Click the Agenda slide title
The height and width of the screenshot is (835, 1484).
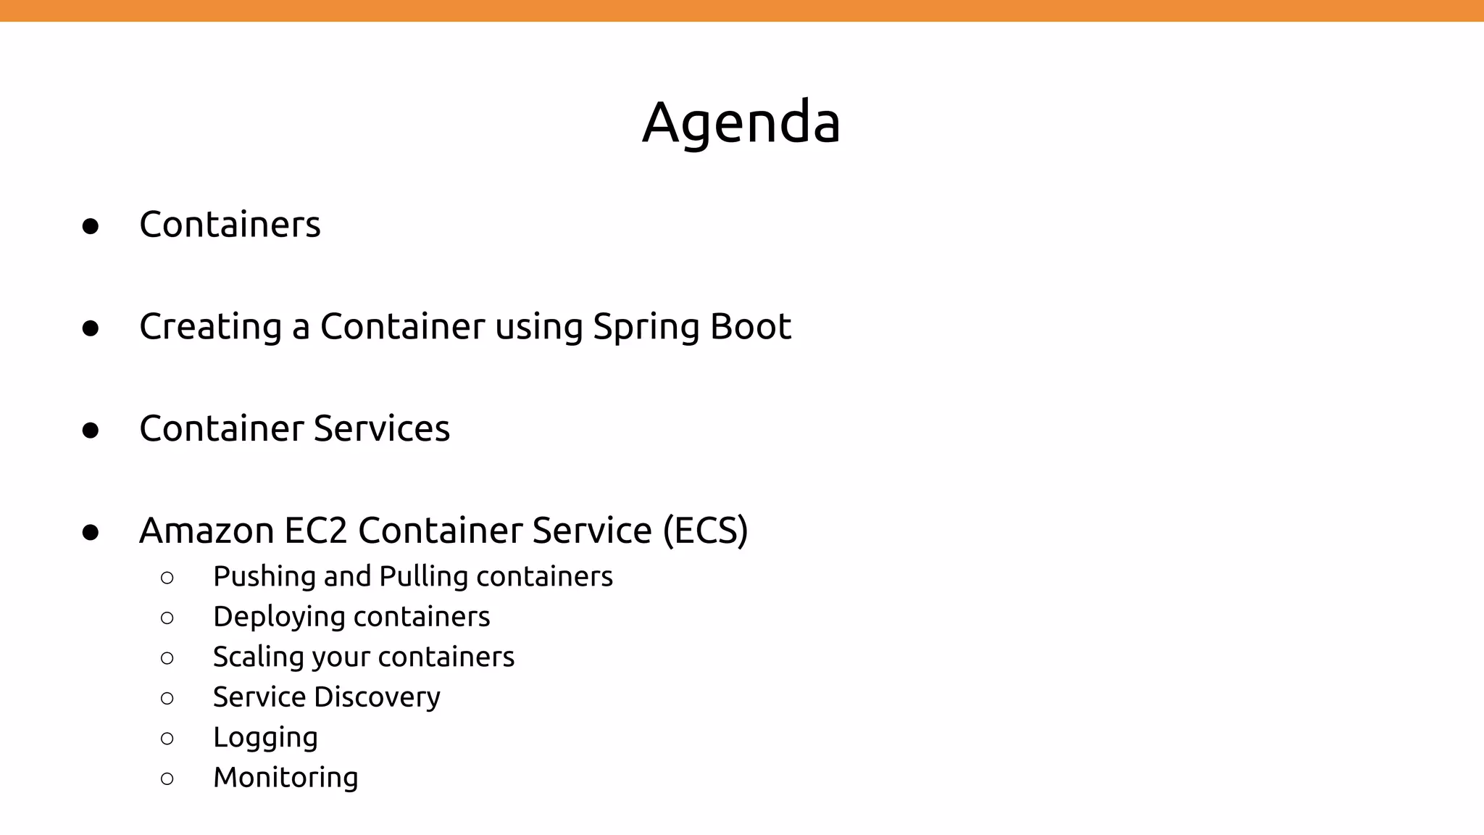(x=741, y=122)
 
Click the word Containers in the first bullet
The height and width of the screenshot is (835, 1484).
(x=230, y=225)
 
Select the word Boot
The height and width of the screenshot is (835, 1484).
(x=751, y=326)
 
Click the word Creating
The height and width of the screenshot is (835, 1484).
(x=210, y=328)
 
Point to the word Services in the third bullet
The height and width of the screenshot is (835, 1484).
(x=382, y=428)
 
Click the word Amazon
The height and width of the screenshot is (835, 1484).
(x=207, y=531)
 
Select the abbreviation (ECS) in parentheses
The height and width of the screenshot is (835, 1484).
(x=705, y=531)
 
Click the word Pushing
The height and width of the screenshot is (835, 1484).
(x=264, y=577)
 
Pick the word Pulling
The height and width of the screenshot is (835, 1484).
(x=424, y=577)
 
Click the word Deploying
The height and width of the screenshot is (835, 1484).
(x=279, y=618)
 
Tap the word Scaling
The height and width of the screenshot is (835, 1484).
(x=258, y=657)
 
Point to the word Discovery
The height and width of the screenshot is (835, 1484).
(x=378, y=697)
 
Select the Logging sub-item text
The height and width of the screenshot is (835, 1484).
(x=265, y=738)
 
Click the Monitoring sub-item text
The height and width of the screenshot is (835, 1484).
(x=285, y=778)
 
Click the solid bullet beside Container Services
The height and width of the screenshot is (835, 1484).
(x=91, y=431)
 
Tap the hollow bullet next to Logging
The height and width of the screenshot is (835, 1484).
(x=167, y=739)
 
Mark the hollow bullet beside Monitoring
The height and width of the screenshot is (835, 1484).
(x=167, y=779)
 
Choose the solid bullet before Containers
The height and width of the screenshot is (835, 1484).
(x=91, y=226)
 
